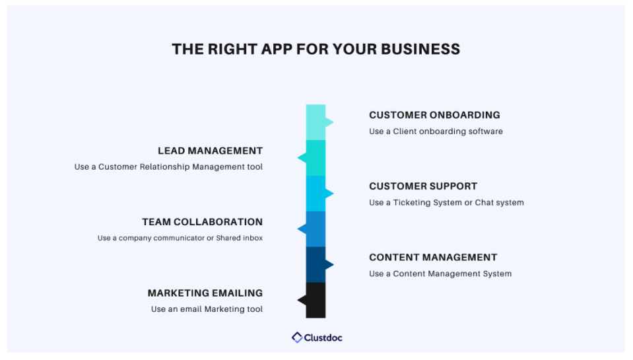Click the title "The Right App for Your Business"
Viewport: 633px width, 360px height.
pos(316,49)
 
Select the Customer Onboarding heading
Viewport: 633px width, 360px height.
pos(434,115)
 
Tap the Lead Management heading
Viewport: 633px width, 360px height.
pos(211,151)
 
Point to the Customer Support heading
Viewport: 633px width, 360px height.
pos(423,186)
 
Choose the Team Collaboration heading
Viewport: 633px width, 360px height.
pos(202,222)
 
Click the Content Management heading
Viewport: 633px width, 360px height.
pos(433,258)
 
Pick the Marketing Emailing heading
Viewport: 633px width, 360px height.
pos(205,293)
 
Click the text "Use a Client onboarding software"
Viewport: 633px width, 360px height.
pos(436,131)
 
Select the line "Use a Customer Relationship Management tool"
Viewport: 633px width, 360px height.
pos(168,167)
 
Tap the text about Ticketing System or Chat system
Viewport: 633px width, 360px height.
pos(446,202)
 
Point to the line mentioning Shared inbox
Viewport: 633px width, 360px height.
pos(180,238)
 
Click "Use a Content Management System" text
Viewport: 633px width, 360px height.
pos(440,273)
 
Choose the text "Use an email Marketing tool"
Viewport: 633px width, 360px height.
pos(207,309)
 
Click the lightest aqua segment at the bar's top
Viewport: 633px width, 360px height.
pos(316,122)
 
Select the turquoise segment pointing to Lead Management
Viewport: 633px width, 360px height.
pos(316,158)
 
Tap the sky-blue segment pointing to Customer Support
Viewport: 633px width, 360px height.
pos(316,194)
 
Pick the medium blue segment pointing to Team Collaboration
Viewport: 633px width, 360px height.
pos(316,229)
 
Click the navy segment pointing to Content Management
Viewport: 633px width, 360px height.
pos(316,265)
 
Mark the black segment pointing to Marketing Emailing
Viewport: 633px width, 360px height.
pos(316,300)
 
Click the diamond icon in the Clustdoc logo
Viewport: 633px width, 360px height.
pos(298,338)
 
